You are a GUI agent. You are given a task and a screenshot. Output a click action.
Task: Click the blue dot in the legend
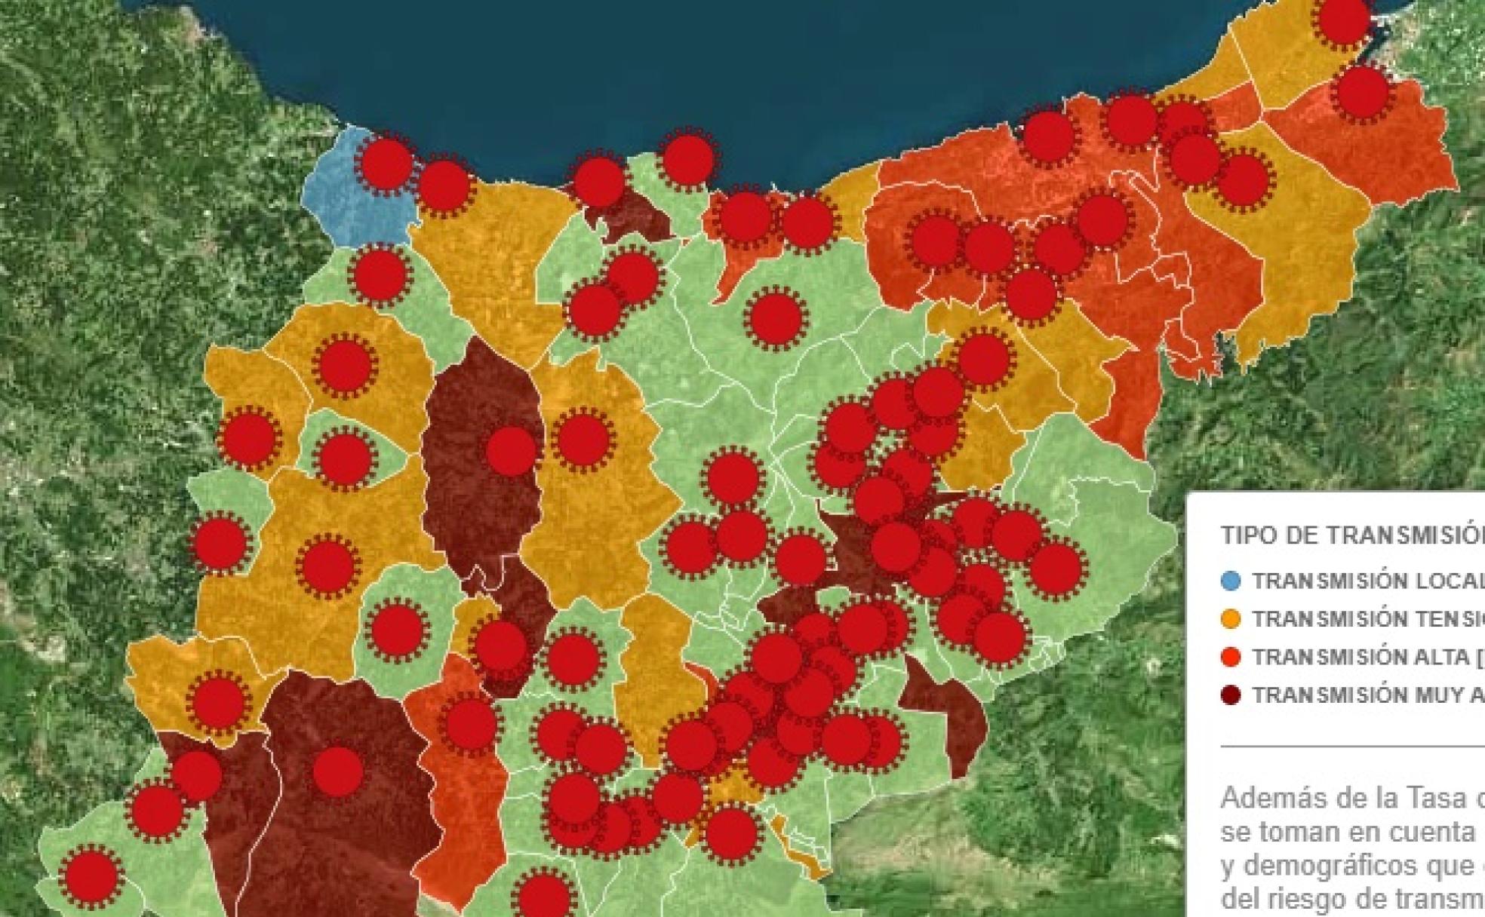point(1231,581)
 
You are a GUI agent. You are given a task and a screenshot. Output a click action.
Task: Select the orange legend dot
point(1231,619)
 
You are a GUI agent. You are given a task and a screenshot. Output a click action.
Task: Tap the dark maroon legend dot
point(1231,695)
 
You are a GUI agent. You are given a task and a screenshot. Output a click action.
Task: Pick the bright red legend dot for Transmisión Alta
point(1231,657)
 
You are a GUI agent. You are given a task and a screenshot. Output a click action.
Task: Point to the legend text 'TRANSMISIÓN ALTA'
point(1358,658)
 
